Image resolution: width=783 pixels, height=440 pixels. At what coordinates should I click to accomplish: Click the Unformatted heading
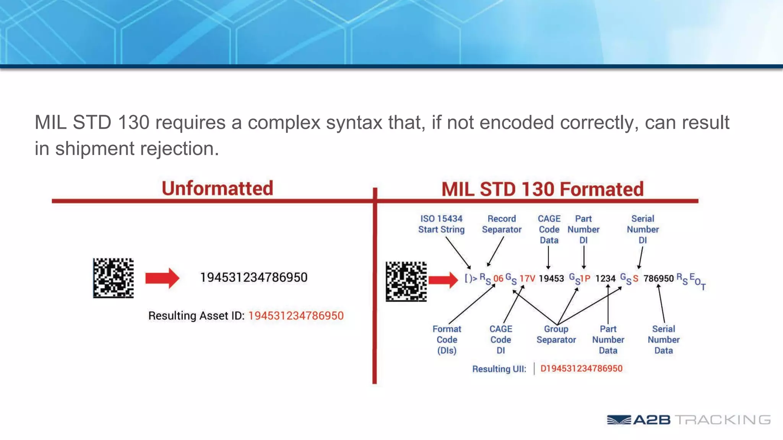pos(217,188)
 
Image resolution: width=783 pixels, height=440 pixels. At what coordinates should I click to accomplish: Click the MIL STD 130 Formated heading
pos(542,189)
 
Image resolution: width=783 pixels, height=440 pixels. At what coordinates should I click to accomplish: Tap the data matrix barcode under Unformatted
pos(114,278)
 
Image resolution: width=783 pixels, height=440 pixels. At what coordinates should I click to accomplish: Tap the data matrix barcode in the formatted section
pos(406,281)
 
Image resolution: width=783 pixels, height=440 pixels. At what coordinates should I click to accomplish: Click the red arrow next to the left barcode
pos(162,278)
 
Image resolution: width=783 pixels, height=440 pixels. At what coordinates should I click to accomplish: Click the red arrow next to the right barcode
pos(443,280)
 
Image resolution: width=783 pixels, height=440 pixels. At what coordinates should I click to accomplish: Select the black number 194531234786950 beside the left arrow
pos(254,277)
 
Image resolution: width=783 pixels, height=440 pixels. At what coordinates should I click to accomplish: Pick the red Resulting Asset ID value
pos(296,316)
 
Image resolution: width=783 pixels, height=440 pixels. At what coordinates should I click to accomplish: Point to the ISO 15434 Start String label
pos(441,224)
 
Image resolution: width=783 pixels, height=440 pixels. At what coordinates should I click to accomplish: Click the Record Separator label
pos(502,224)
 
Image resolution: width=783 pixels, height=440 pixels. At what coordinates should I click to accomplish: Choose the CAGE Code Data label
pos(549,229)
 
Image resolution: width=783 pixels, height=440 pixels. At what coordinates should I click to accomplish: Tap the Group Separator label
pos(556,334)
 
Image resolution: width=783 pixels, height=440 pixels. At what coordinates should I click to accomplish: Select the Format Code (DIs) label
pos(447,340)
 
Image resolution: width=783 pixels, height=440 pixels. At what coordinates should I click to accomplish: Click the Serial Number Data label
pos(663,340)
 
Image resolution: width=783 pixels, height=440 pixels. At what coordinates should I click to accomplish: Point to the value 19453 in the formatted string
pos(551,278)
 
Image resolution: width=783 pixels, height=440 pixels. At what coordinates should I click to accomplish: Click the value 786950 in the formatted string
pos(658,278)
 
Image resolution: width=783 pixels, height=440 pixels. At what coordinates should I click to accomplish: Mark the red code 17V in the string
pos(527,278)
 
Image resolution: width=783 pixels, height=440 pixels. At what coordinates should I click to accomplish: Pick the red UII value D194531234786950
pos(581,369)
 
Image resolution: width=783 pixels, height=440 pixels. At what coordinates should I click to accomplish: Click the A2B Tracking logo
pos(688,420)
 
